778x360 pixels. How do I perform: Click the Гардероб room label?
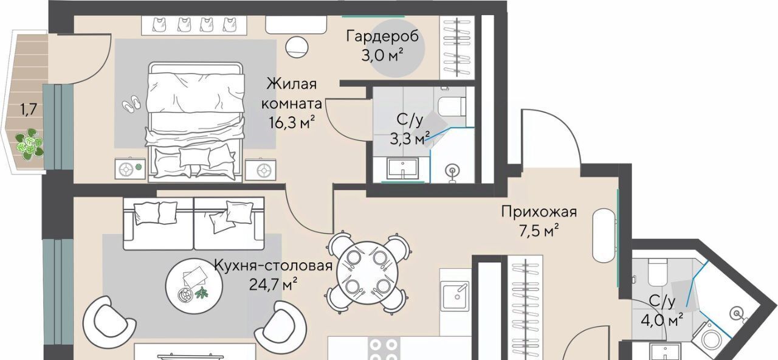382,36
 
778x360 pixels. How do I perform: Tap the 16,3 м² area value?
292,122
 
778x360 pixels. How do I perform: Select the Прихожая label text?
539,212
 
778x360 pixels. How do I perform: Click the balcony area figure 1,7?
28,110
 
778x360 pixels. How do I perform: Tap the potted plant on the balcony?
30,144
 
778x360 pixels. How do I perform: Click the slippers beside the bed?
132,103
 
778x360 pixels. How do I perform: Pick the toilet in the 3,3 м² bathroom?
452,106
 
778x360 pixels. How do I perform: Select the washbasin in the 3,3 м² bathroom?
403,168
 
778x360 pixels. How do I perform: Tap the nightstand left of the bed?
130,169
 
